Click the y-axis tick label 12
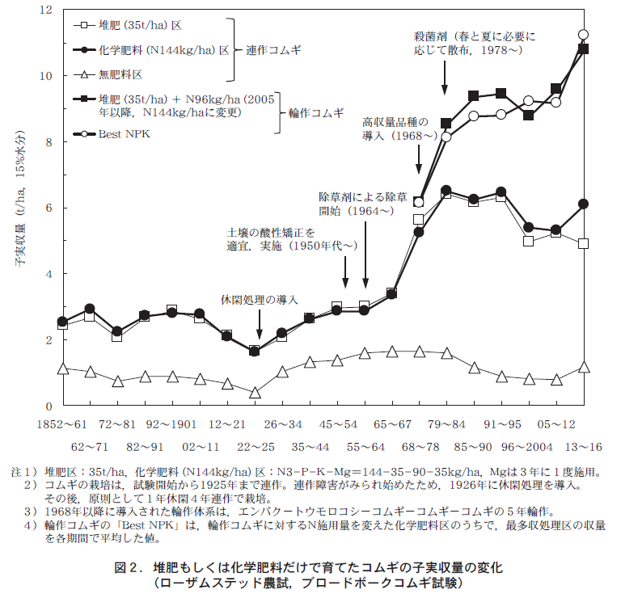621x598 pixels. pyautogui.click(x=46, y=10)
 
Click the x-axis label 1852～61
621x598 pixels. pyautogui.click(x=61, y=423)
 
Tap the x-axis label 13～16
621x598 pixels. pyautogui.click(x=584, y=446)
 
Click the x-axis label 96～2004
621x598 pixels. pyautogui.click(x=529, y=446)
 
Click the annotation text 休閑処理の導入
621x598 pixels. pyautogui.click(x=260, y=299)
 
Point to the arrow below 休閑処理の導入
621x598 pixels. pyautogui.click(x=259, y=326)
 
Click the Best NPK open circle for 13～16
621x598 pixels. pyautogui.click(x=583, y=35)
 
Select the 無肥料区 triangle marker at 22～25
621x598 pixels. pyautogui.click(x=255, y=393)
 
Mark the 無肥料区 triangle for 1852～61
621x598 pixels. pyautogui.click(x=62, y=368)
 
